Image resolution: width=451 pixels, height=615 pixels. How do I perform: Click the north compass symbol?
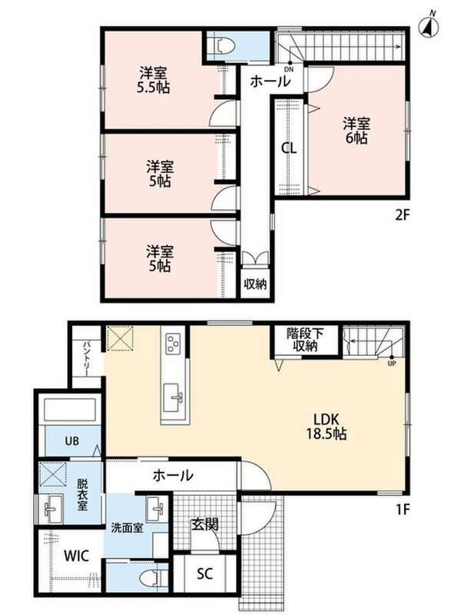[429, 26]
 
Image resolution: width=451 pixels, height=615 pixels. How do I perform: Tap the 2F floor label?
[402, 215]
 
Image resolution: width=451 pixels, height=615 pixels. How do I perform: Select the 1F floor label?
[402, 509]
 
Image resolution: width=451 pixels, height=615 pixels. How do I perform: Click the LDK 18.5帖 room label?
[326, 426]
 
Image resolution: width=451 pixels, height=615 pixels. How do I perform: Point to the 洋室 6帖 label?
[356, 131]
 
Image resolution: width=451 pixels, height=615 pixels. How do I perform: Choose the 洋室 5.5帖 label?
[153, 81]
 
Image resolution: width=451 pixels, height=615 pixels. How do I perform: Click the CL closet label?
[289, 148]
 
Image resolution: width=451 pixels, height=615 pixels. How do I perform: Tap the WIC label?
[77, 555]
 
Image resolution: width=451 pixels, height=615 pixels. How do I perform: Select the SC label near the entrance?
[204, 573]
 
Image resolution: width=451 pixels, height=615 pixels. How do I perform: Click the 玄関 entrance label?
[204, 524]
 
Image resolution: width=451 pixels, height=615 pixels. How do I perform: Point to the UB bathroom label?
[71, 440]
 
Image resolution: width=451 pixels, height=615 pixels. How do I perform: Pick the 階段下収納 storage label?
[305, 340]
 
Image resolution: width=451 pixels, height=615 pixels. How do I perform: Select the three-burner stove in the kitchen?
[173, 344]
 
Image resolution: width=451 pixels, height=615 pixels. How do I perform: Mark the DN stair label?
[289, 70]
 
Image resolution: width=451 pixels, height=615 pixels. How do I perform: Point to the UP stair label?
[392, 363]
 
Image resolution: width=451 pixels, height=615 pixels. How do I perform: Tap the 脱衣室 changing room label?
[81, 495]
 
